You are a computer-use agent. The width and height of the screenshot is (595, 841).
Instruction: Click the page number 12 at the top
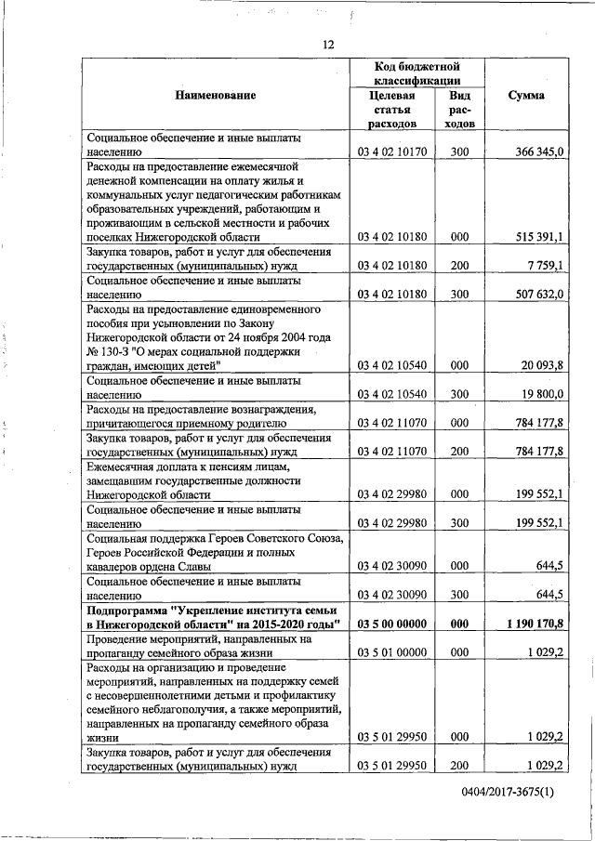click(328, 45)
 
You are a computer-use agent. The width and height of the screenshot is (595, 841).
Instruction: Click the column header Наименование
click(215, 95)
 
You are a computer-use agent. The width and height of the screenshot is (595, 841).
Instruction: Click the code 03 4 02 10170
click(391, 151)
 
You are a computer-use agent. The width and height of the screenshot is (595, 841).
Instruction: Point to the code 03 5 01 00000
click(391, 652)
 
